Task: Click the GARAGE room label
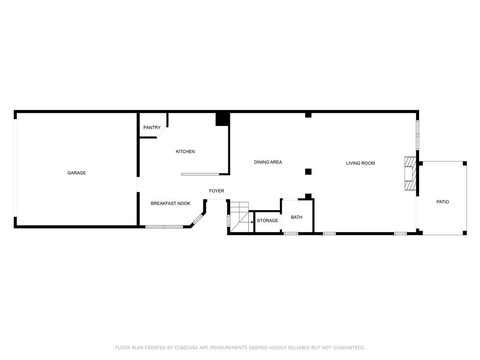tap(76, 173)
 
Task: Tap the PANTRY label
tap(152, 127)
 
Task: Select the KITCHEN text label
tap(185, 151)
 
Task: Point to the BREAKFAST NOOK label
tap(170, 203)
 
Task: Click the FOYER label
tap(217, 191)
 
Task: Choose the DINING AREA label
tap(268, 162)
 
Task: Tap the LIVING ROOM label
tap(360, 163)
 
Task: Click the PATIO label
tap(442, 202)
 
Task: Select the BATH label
tap(297, 217)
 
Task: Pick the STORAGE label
tap(267, 220)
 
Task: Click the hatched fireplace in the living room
tap(410, 173)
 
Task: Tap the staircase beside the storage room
tap(240, 217)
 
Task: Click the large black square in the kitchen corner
tap(222, 119)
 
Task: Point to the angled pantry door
tap(162, 133)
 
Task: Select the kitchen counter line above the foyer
tap(200, 174)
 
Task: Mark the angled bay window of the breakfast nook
tap(198, 219)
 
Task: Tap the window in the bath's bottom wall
tap(291, 233)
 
